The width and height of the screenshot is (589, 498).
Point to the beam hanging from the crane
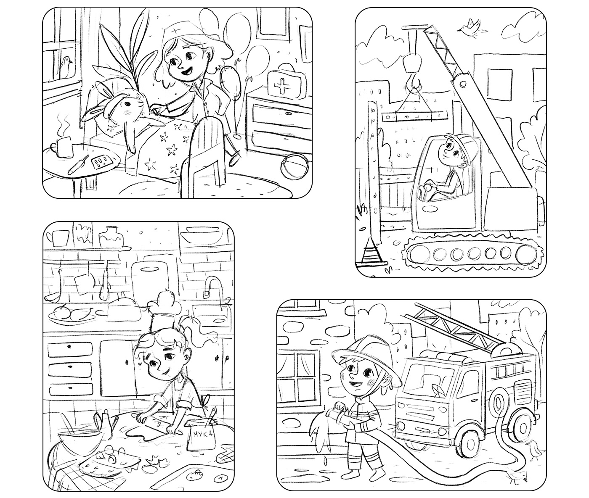coord(414,116)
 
